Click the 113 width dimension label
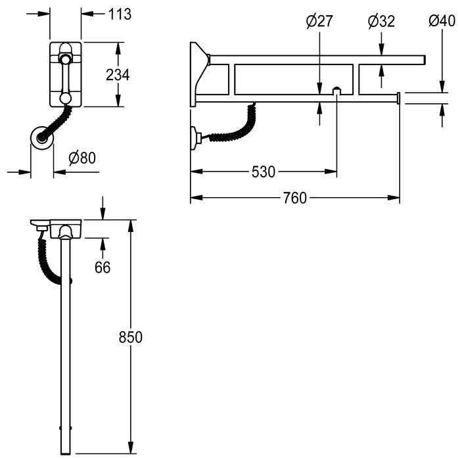pyautogui.click(x=120, y=14)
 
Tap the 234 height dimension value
pyautogui.click(x=118, y=75)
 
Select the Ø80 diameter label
pyautogui.click(x=82, y=158)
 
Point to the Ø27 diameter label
pyautogui.click(x=319, y=21)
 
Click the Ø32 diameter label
pyautogui.click(x=381, y=21)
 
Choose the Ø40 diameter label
pyautogui.click(x=442, y=21)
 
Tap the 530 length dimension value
pyautogui.click(x=264, y=172)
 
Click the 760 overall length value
pyautogui.click(x=295, y=198)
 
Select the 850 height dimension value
pyautogui.click(x=131, y=337)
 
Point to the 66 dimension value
pyautogui.click(x=103, y=267)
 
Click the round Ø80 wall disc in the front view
pyautogui.click(x=42, y=138)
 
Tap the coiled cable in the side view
pyautogui.click(x=235, y=129)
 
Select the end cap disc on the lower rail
pyautogui.click(x=398, y=98)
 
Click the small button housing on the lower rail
pyautogui.click(x=336, y=91)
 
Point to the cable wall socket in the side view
pyautogui.click(x=195, y=138)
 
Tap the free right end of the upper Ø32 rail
pyautogui.click(x=425, y=60)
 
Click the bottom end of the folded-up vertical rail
pyautogui.click(x=66, y=454)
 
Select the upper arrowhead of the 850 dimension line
pyautogui.click(x=131, y=225)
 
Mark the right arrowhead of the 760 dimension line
pyautogui.click(x=394, y=198)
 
